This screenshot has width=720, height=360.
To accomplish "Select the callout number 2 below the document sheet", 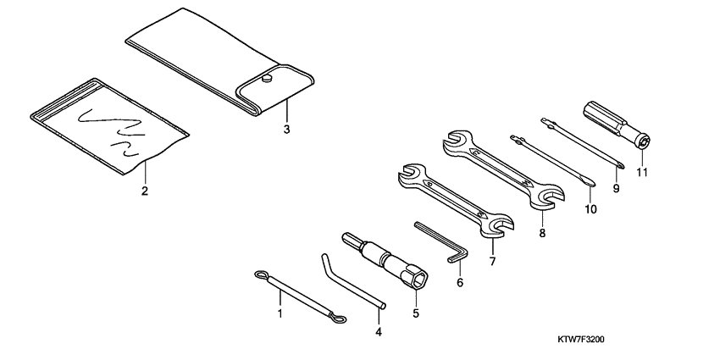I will coord(144,191).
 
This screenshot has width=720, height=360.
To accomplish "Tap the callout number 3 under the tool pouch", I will coord(286,130).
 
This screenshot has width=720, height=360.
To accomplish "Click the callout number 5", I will coord(416,314).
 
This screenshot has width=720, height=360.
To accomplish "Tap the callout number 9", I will coord(617,188).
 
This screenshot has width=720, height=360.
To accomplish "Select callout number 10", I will coord(589,207).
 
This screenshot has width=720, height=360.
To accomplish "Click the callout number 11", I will coord(642,174).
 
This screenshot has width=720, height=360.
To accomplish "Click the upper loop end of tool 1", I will coord(261,274).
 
